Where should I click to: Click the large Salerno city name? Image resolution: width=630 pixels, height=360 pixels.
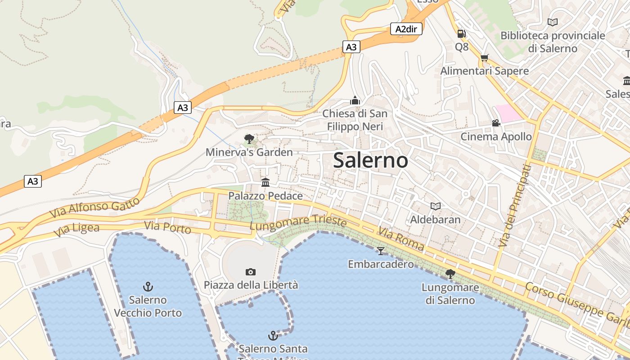tap(370, 161)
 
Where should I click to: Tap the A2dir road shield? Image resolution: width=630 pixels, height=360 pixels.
tap(406, 29)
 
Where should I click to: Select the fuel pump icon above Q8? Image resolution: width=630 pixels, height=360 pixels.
tap(461, 33)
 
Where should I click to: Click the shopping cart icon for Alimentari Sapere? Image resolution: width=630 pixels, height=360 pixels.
tap(484, 58)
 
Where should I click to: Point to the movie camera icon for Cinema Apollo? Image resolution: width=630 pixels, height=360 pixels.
tap(496, 123)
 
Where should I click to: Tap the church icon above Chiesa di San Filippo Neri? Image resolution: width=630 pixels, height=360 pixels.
tap(355, 100)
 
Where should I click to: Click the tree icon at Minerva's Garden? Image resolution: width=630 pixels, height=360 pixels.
tap(249, 139)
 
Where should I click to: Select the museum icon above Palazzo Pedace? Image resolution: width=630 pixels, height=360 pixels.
tap(265, 182)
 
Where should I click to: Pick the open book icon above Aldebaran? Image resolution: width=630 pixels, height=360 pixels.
tap(435, 206)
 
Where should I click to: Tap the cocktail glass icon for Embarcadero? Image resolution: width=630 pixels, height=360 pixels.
tap(381, 251)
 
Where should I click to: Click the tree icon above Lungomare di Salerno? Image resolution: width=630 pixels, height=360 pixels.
tap(450, 274)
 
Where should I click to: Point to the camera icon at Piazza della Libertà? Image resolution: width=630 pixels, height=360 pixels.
tap(251, 272)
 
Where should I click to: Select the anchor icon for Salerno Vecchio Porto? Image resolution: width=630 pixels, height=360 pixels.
tap(148, 286)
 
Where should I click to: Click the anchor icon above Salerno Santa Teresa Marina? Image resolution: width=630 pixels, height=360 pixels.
tap(273, 335)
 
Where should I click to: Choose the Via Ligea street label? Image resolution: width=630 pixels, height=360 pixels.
tap(76, 229)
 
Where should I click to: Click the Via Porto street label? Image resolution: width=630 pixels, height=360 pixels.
tap(168, 227)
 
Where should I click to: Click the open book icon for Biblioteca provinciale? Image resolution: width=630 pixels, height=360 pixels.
tap(553, 22)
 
